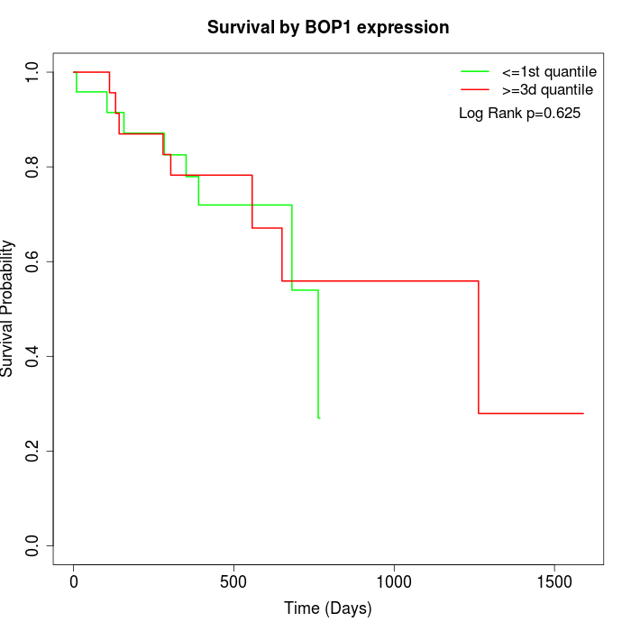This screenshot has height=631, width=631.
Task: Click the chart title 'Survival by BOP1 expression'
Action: pos(328,27)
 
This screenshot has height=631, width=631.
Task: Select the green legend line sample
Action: pos(475,71)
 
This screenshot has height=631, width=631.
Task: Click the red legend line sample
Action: pos(475,89)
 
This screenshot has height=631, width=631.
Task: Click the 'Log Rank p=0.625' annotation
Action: pos(519,114)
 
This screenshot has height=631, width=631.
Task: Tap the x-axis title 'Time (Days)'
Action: pos(328,608)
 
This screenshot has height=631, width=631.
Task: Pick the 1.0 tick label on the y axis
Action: pos(33,72)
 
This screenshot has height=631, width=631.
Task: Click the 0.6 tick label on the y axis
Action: pos(33,261)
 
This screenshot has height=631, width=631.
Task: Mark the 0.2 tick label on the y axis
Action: pos(33,451)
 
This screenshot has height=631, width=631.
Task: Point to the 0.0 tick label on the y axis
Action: pos(33,545)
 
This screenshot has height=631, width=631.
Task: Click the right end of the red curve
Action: pos(583,413)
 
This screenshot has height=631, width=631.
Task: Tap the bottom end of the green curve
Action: pos(318,417)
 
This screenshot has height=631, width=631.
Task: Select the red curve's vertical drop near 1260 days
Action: pos(479,347)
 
